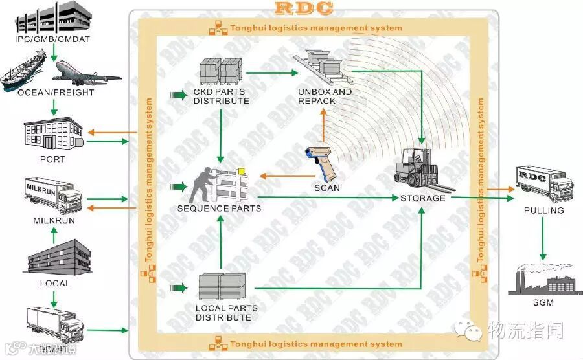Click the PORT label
[52, 159]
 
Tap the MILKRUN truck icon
[52, 195]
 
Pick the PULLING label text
[544, 210]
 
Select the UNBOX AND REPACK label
[325, 96]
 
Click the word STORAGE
[422, 198]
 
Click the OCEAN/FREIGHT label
[56, 93]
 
